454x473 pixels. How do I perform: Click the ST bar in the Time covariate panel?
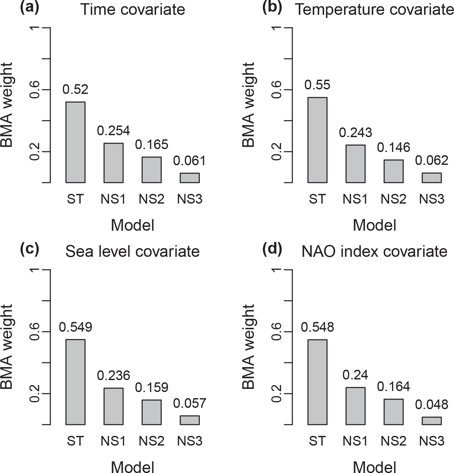pos(75,142)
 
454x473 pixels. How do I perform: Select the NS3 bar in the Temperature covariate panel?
pos(432,178)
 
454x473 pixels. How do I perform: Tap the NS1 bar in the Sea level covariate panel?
pos(113,406)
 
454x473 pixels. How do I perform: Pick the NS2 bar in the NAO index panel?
pos(393,412)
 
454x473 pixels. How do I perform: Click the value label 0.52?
pos(75,89)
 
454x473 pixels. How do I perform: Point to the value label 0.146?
pos(393,147)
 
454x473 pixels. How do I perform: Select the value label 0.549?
pos(75,327)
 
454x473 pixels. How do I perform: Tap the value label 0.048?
pos(432,404)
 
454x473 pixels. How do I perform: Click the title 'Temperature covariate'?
pos(374,10)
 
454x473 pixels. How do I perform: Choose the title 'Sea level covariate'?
pos(132,251)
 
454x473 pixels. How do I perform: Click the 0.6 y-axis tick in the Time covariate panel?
pos(35,90)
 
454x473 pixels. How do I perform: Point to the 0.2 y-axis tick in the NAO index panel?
pos(277,394)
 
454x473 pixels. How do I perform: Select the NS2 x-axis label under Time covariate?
pos(151,199)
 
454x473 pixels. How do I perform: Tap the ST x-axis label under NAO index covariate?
pos(317,441)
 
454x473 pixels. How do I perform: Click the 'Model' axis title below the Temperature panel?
pos(374,225)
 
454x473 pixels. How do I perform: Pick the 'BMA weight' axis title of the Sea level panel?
pos(7,347)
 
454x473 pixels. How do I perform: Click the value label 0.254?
pos(113,131)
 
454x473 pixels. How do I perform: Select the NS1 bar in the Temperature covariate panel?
pos(355,164)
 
